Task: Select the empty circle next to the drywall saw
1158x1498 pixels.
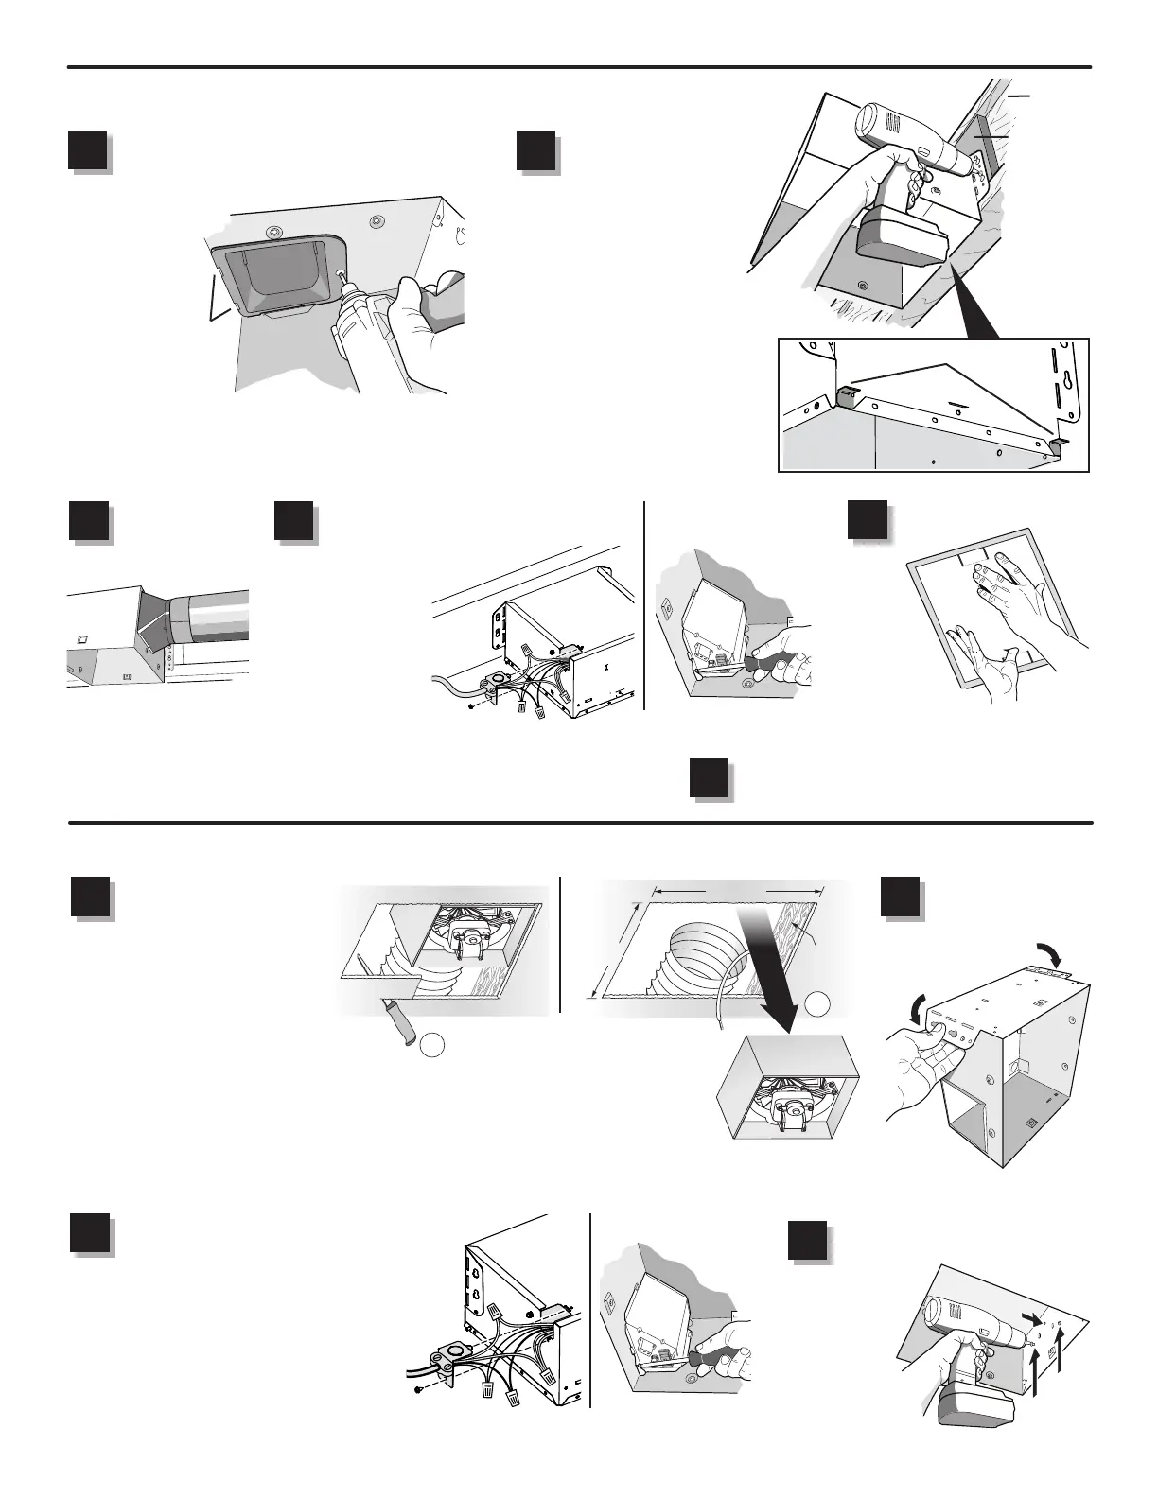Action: (x=432, y=1045)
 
